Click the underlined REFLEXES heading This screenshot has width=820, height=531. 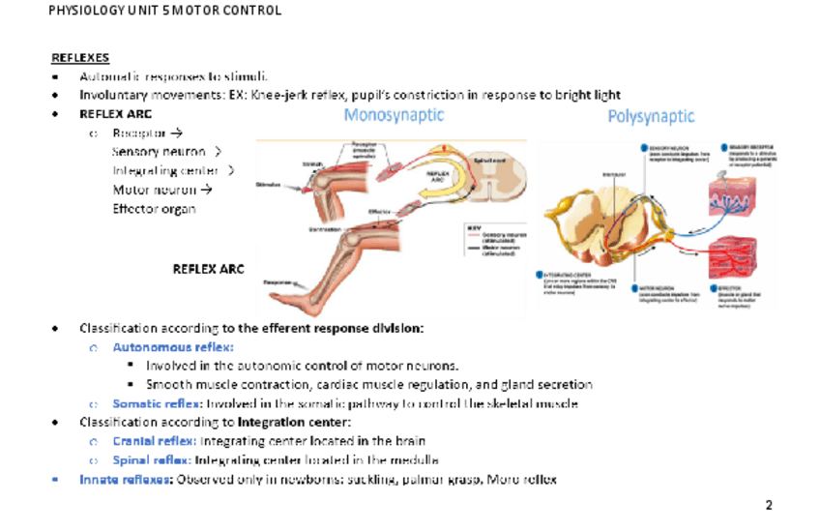click(80, 58)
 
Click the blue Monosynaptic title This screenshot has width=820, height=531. click(395, 115)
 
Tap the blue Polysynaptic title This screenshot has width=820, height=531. click(651, 117)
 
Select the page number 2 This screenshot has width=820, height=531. click(769, 505)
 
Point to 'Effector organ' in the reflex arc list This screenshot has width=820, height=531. click(154, 208)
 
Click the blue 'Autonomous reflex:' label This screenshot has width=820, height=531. click(173, 346)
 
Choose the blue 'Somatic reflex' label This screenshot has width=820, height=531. click(155, 403)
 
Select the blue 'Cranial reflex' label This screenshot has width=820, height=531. click(151, 441)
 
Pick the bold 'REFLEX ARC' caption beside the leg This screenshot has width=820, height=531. click(208, 268)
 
